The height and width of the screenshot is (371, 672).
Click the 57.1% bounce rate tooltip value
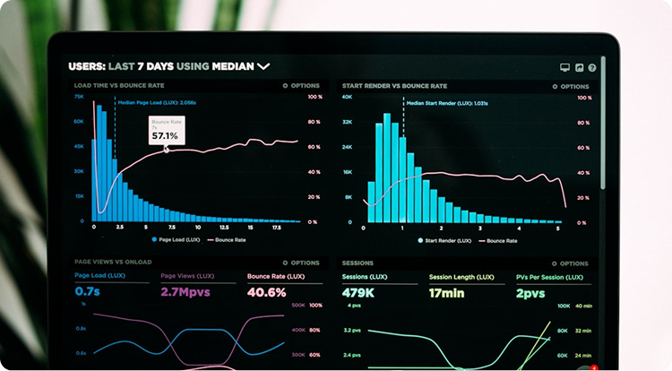pyautogui.click(x=164, y=136)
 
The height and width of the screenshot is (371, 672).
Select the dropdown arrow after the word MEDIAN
pyautogui.click(x=263, y=66)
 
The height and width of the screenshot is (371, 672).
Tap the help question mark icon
pyautogui.click(x=592, y=67)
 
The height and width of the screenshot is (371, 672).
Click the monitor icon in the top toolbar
pyautogui.click(x=564, y=67)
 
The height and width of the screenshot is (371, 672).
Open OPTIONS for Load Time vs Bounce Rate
pyautogui.click(x=301, y=86)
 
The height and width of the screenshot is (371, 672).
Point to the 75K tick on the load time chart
pyautogui.click(x=79, y=96)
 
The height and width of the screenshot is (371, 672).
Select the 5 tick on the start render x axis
pyautogui.click(x=558, y=229)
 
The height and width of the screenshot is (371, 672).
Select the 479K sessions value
pyautogui.click(x=358, y=293)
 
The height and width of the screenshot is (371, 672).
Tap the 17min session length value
pyautogui.click(x=447, y=293)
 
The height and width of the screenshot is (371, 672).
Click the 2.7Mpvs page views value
pyautogui.click(x=185, y=292)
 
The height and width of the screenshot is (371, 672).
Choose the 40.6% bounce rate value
pyautogui.click(x=266, y=292)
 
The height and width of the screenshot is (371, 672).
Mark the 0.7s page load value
pyautogui.click(x=87, y=292)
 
